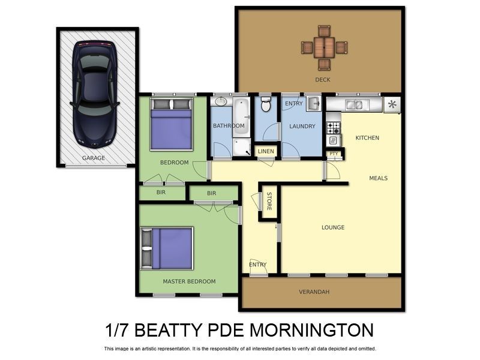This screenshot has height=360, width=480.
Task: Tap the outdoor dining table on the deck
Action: [324, 46]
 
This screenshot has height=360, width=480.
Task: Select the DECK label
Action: [323, 79]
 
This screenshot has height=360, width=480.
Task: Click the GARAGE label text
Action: [94, 158]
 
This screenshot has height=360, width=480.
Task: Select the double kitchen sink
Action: [354, 105]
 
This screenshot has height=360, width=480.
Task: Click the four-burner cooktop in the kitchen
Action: [333, 127]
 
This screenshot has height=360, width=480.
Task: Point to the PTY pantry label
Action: [334, 154]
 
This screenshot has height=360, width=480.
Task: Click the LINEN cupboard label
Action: [265, 151]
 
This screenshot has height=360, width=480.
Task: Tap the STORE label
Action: [269, 201]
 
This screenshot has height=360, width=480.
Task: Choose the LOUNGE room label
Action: [333, 227]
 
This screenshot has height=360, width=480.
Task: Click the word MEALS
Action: [378, 178]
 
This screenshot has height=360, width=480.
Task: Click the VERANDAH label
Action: [314, 292]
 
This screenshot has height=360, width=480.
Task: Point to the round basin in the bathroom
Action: [220, 102]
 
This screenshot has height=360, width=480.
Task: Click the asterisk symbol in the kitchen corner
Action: [392, 104]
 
